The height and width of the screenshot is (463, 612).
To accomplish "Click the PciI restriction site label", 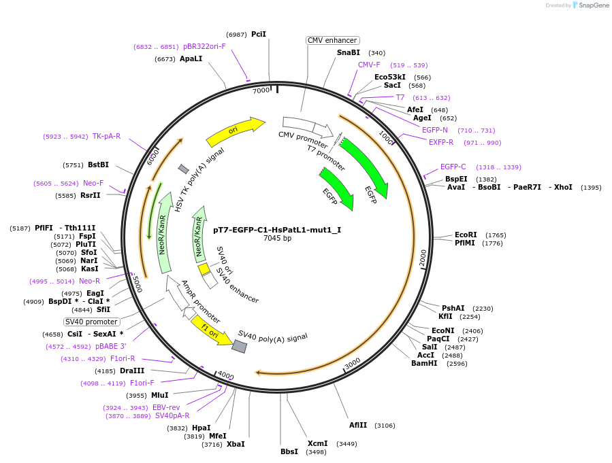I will tap(259, 34).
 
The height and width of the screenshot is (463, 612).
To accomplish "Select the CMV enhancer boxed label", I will tap(332, 40).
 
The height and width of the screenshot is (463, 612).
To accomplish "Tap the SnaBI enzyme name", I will tap(349, 52).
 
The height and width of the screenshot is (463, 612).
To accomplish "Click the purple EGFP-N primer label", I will tap(435, 130).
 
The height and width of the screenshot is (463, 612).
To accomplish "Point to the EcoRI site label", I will tap(466, 235).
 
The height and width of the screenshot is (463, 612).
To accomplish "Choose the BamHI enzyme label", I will tap(425, 363).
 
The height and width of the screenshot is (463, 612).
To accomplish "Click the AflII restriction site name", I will tap(358, 425).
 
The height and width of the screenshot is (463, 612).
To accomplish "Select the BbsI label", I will tap(289, 451).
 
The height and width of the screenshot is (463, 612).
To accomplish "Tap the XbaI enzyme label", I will tap(236, 444).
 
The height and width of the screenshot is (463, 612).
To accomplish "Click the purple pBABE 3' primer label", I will tap(111, 346).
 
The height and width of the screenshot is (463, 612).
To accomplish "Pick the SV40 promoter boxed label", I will tap(92, 322).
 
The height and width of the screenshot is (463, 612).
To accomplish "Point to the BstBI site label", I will tap(98, 165).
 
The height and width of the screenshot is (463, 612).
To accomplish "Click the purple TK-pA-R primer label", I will tap(106, 136).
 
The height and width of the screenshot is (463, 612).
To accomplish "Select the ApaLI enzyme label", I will tap(191, 58).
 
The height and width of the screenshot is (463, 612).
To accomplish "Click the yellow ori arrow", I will tap(234, 131).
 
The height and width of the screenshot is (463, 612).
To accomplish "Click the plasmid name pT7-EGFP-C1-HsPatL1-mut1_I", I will tap(277, 230).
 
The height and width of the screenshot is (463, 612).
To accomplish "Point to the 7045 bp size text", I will tap(277, 239).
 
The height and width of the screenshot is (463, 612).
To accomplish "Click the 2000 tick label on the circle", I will tap(423, 258).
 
